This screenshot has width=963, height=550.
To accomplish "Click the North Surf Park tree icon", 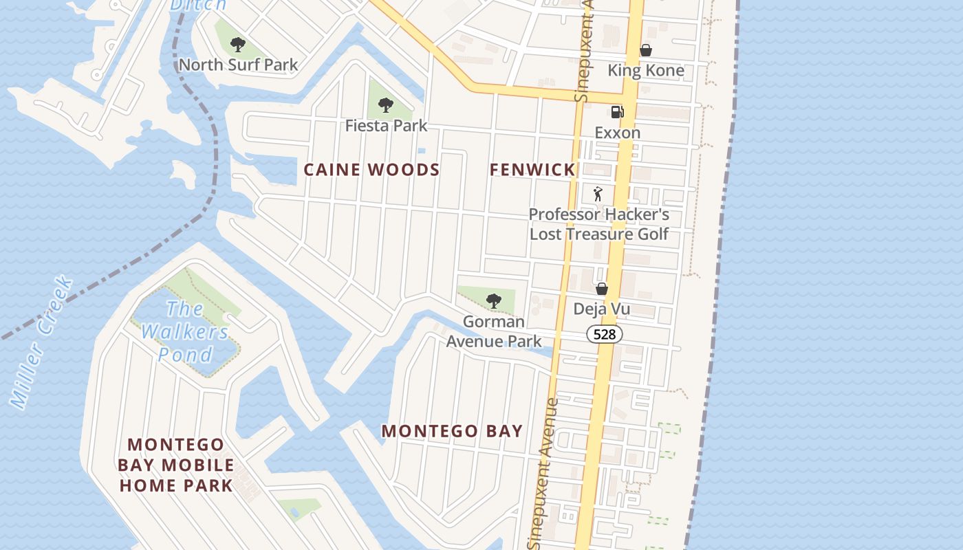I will tap(238, 45).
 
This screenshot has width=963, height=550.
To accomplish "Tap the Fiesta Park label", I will tap(386, 126).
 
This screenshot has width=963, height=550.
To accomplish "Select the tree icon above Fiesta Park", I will tap(386, 105).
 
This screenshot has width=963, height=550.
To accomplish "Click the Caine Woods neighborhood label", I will tap(371, 170).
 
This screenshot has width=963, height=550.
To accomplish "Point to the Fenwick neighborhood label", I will tap(532, 170).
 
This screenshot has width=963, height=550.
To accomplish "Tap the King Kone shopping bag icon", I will tap(645, 50).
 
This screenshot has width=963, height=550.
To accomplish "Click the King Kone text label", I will tap(645, 71).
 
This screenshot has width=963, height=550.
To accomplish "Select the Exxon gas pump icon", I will tap(617, 112).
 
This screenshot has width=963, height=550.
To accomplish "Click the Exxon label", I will tap(617, 133).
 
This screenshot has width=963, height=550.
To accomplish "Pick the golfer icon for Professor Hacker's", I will tap(598, 194).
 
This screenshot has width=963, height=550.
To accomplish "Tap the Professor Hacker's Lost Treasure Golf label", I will tap(598, 224).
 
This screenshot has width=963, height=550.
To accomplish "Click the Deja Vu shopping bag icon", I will tap(602, 289).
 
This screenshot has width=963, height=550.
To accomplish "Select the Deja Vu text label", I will tap(602, 309).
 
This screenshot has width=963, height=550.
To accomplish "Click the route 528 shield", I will tap(605, 335).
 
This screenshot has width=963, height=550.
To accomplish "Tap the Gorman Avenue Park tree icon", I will tap(493, 300).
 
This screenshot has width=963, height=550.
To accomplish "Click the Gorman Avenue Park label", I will tap(494, 331).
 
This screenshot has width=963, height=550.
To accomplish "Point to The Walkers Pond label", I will tap(185, 331).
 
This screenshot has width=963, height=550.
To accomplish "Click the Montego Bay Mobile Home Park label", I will tap(176, 465).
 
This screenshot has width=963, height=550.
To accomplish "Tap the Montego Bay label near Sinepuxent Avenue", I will tap(452, 431).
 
